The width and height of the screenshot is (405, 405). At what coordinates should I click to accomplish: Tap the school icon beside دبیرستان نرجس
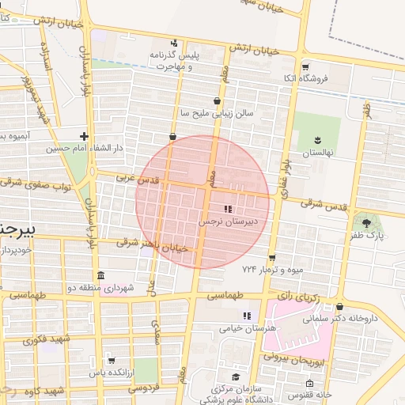228,210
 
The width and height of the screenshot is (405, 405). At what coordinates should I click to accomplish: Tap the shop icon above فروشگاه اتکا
305,66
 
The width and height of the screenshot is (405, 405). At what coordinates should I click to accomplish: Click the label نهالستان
319,150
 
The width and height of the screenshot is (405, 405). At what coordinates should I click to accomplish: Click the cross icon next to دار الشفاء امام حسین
84,136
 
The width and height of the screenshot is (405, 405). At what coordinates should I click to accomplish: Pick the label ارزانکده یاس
108,372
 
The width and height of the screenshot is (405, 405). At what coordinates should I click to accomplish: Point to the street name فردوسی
144,388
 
